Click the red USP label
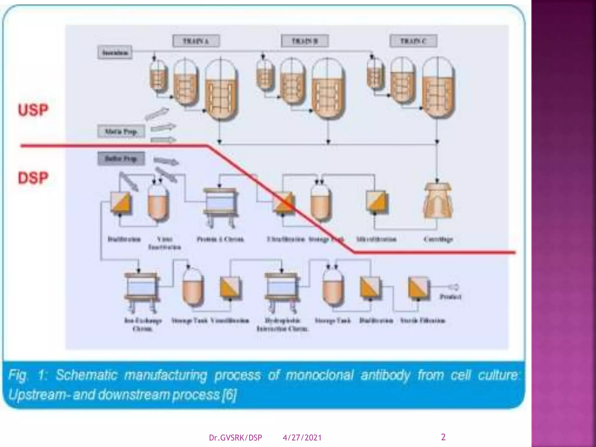33,110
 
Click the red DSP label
33,178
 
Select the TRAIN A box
196,41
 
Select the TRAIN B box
305,41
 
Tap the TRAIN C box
413,41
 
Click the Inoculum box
115,53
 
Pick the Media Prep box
121,132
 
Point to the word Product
450,297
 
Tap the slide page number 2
443,437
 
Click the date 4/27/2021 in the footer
302,438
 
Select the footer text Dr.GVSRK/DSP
235,438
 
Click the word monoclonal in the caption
319,375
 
